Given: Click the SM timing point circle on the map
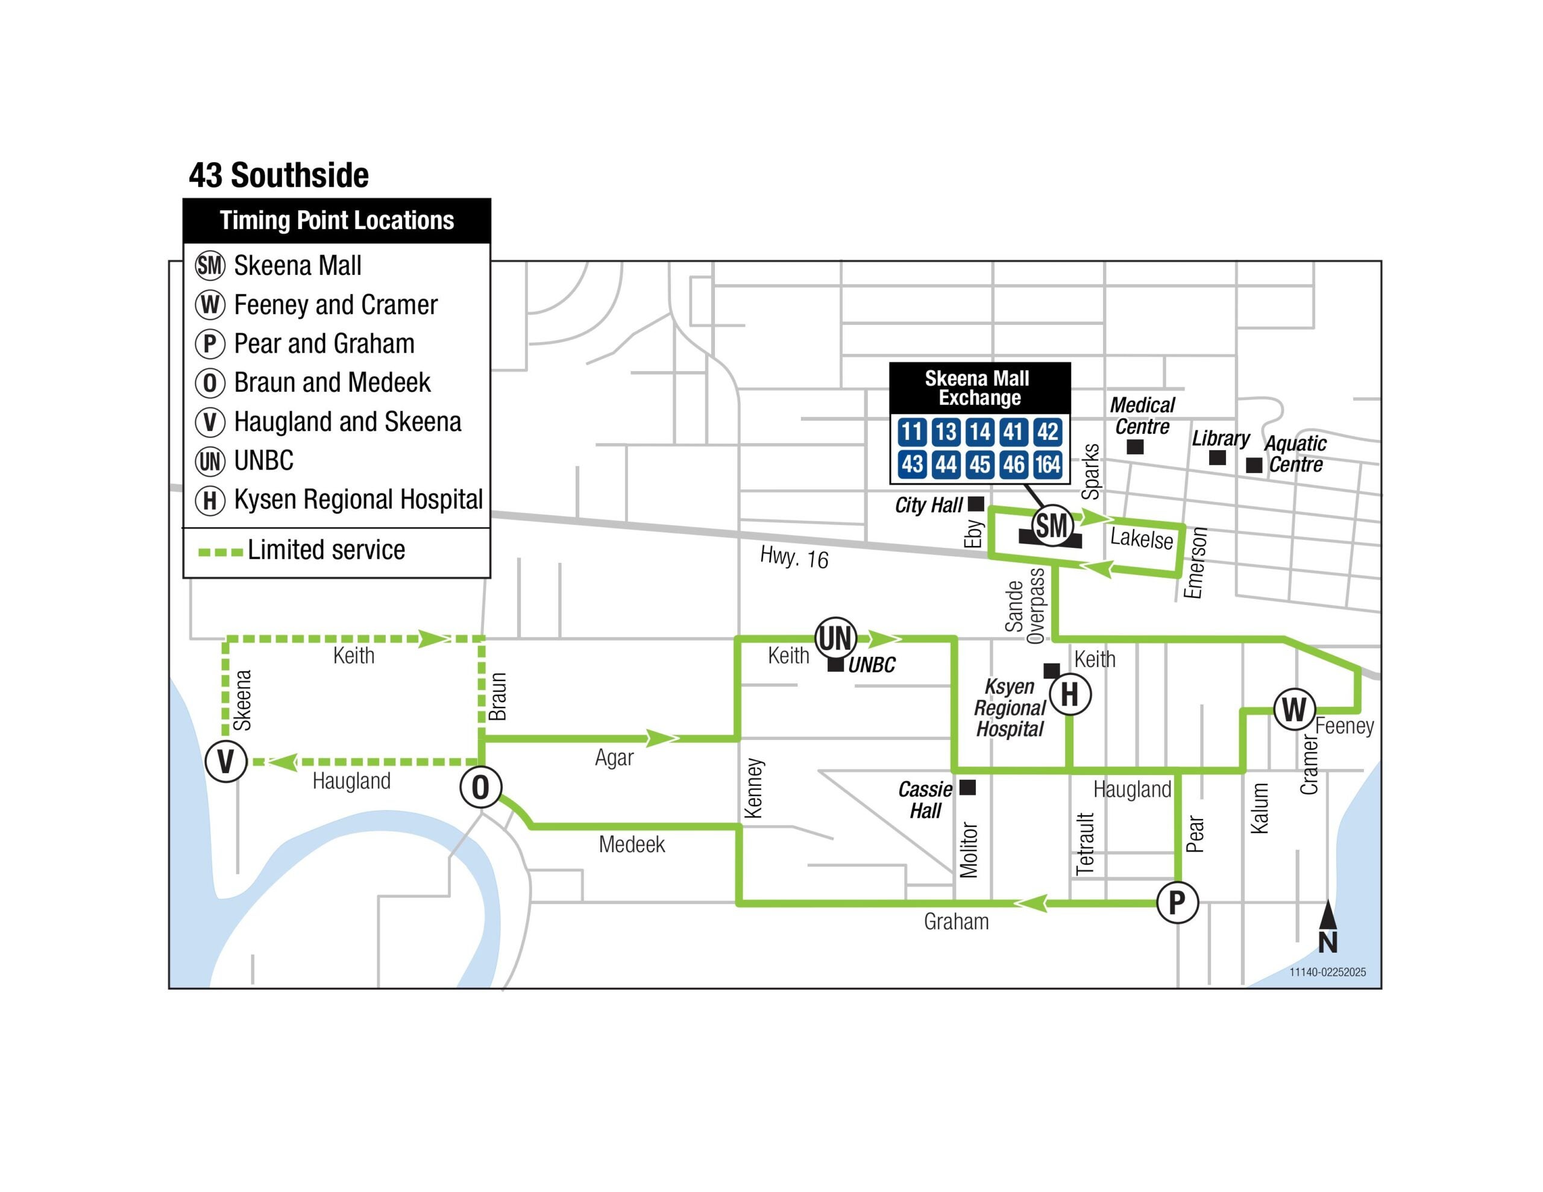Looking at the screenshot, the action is tap(1052, 525).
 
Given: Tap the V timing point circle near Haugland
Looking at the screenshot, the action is tap(225, 762).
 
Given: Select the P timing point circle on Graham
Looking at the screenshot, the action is tap(1177, 902).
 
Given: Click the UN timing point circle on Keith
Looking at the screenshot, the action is tap(836, 638).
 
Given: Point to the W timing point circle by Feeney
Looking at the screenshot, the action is tap(1294, 709).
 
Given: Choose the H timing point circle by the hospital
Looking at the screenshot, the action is tap(1070, 695).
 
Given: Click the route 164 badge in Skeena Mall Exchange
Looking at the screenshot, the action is tap(1048, 464).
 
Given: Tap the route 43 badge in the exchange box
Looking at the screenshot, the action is tap(911, 464).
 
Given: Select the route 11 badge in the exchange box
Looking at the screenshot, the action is tap(911, 431).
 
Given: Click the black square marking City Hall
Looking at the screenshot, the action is tap(976, 504).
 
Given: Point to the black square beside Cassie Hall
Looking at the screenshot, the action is tap(967, 787).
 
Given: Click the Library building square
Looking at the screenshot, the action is tap(1218, 457).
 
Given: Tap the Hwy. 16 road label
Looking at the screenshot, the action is tap(794, 557).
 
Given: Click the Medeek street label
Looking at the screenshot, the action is tap(632, 844).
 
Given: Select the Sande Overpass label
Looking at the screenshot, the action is tap(1025, 606).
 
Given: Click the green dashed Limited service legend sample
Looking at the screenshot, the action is tap(221, 552).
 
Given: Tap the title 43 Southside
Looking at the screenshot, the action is tap(278, 175).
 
